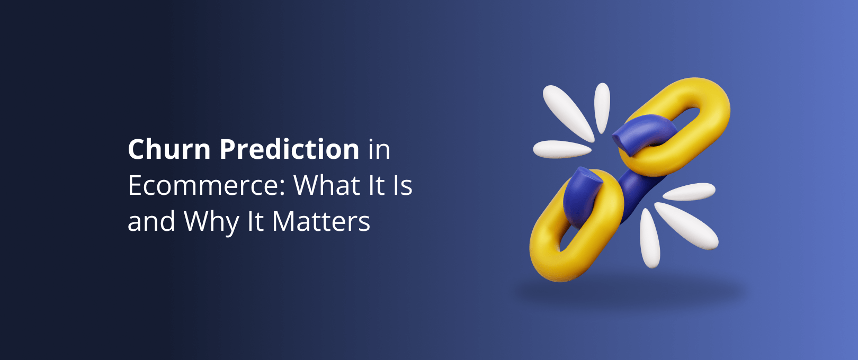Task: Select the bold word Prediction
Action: point(289,149)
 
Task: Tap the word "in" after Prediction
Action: point(379,150)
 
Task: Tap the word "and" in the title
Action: point(151,222)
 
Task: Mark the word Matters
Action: point(321,222)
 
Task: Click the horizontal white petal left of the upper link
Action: point(561,149)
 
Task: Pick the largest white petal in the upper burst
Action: point(567,111)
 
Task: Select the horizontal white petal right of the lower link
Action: point(689,192)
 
